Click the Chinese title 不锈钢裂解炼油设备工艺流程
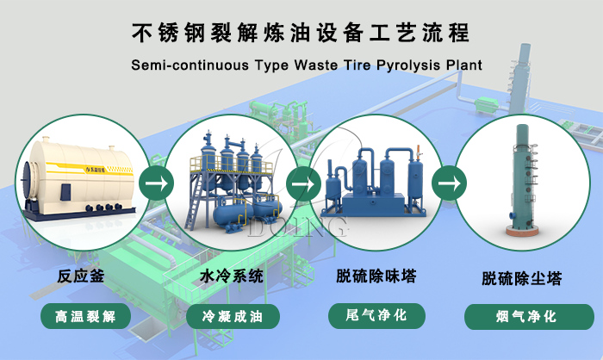click(301, 34)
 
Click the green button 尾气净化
click(376, 315)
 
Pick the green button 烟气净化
click(522, 316)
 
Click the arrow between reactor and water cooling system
click(155, 183)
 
